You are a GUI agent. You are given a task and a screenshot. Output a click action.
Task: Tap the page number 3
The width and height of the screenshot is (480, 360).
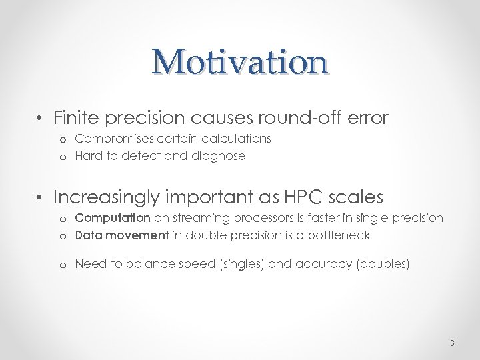(x=452, y=344)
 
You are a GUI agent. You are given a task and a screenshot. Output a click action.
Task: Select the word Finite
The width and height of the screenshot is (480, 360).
(x=75, y=118)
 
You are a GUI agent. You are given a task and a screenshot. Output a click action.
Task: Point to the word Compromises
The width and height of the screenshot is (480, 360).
(x=111, y=139)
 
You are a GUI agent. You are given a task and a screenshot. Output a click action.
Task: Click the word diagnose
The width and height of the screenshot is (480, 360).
(x=221, y=156)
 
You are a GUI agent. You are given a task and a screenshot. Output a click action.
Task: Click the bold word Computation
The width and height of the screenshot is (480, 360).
(x=113, y=218)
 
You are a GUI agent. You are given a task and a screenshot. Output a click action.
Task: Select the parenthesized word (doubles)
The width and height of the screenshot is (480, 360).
(x=384, y=264)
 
